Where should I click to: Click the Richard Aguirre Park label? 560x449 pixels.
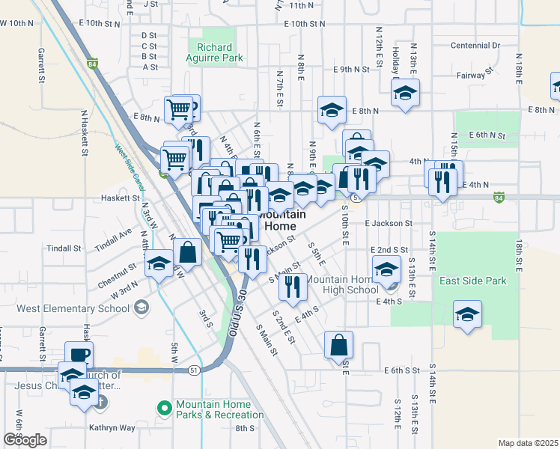click(x=215, y=52)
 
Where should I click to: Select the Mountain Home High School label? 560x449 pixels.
click(x=342, y=284)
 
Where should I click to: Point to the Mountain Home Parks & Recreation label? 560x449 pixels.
click(x=219, y=409)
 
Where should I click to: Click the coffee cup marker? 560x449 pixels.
click(x=79, y=354)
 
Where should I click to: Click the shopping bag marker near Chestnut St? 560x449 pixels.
click(x=189, y=251)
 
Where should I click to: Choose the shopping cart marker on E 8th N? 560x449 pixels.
click(x=179, y=109)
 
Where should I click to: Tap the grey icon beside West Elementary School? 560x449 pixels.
click(x=140, y=308)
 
